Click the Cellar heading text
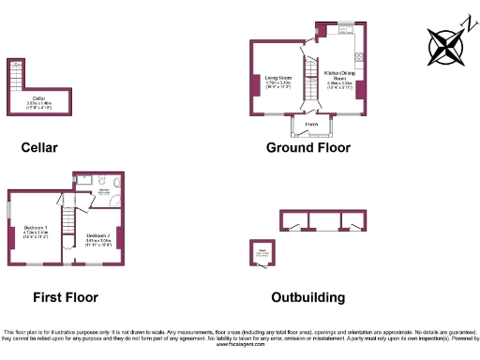click(x=39, y=147)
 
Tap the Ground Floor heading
click(x=307, y=147)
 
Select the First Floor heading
click(x=66, y=297)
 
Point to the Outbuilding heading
click(x=307, y=297)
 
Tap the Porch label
click(x=310, y=123)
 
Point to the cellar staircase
click(x=14, y=74)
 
